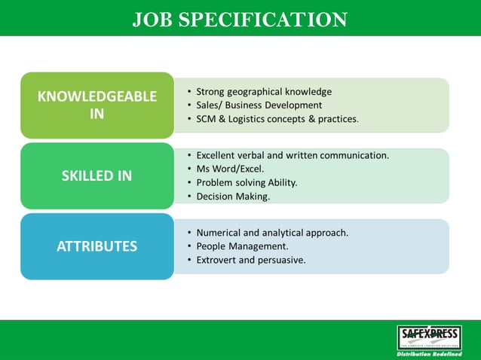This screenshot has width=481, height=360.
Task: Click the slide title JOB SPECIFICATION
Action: (240, 20)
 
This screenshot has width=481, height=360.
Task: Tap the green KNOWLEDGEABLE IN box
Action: (97, 105)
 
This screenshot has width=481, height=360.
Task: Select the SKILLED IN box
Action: (97, 176)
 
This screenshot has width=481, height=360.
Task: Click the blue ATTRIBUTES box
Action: (97, 246)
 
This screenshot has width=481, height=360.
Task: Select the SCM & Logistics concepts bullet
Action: (277, 119)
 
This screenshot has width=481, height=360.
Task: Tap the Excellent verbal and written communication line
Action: (293, 155)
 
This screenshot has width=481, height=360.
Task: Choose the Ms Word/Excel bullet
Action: (230, 169)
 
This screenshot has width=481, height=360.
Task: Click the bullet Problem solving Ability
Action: (247, 182)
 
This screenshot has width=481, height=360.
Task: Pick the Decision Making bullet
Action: (233, 196)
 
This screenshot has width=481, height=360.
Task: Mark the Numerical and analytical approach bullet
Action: (272, 233)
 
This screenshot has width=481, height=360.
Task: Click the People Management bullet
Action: (242, 246)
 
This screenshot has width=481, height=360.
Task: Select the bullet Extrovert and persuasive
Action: (251, 260)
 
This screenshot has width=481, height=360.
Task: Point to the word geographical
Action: (264, 92)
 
